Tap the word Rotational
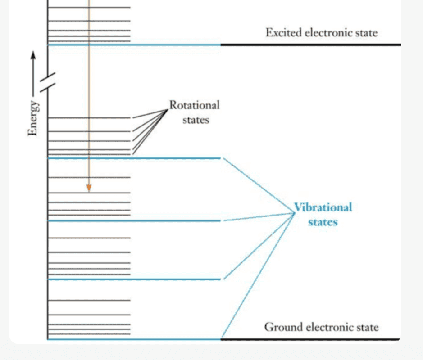click(x=194, y=105)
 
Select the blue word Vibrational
click(x=323, y=207)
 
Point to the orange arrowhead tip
click(x=89, y=191)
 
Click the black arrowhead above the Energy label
click(x=33, y=54)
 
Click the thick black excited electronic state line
click(x=311, y=45)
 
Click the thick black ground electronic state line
click(x=311, y=339)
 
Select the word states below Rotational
click(x=196, y=120)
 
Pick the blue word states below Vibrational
click(x=323, y=222)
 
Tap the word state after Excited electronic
click(x=366, y=33)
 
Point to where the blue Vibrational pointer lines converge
click(x=294, y=213)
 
